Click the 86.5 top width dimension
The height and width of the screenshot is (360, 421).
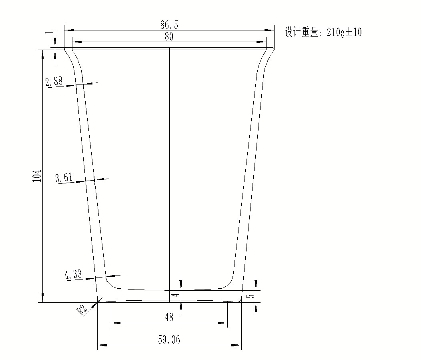(169, 25)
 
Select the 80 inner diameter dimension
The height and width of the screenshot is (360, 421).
(169, 36)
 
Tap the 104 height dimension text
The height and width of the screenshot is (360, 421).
(37, 176)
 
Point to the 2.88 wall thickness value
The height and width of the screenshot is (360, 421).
(54, 81)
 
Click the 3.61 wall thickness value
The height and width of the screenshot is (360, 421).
(64, 177)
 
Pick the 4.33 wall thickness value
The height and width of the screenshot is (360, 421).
(73, 274)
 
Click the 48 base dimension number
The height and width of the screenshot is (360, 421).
(169, 317)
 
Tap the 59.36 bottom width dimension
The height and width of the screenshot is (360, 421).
(169, 340)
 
